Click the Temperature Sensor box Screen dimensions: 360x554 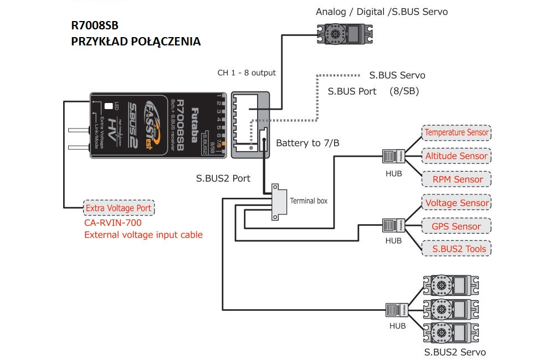point(456,133)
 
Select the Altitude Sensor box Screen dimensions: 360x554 point(456,156)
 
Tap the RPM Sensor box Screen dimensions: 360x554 point(456,179)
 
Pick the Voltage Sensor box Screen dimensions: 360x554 point(456,203)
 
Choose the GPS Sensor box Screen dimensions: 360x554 point(456,227)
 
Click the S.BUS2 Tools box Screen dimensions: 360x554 point(456,249)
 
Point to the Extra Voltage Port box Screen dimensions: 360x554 point(119,208)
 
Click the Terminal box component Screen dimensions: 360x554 point(275,200)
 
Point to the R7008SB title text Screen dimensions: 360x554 point(95,25)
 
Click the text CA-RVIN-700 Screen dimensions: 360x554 point(113,223)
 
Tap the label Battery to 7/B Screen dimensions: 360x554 point(307,143)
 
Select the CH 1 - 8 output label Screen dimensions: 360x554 point(247,73)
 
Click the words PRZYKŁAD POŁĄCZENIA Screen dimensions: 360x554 point(136,42)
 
